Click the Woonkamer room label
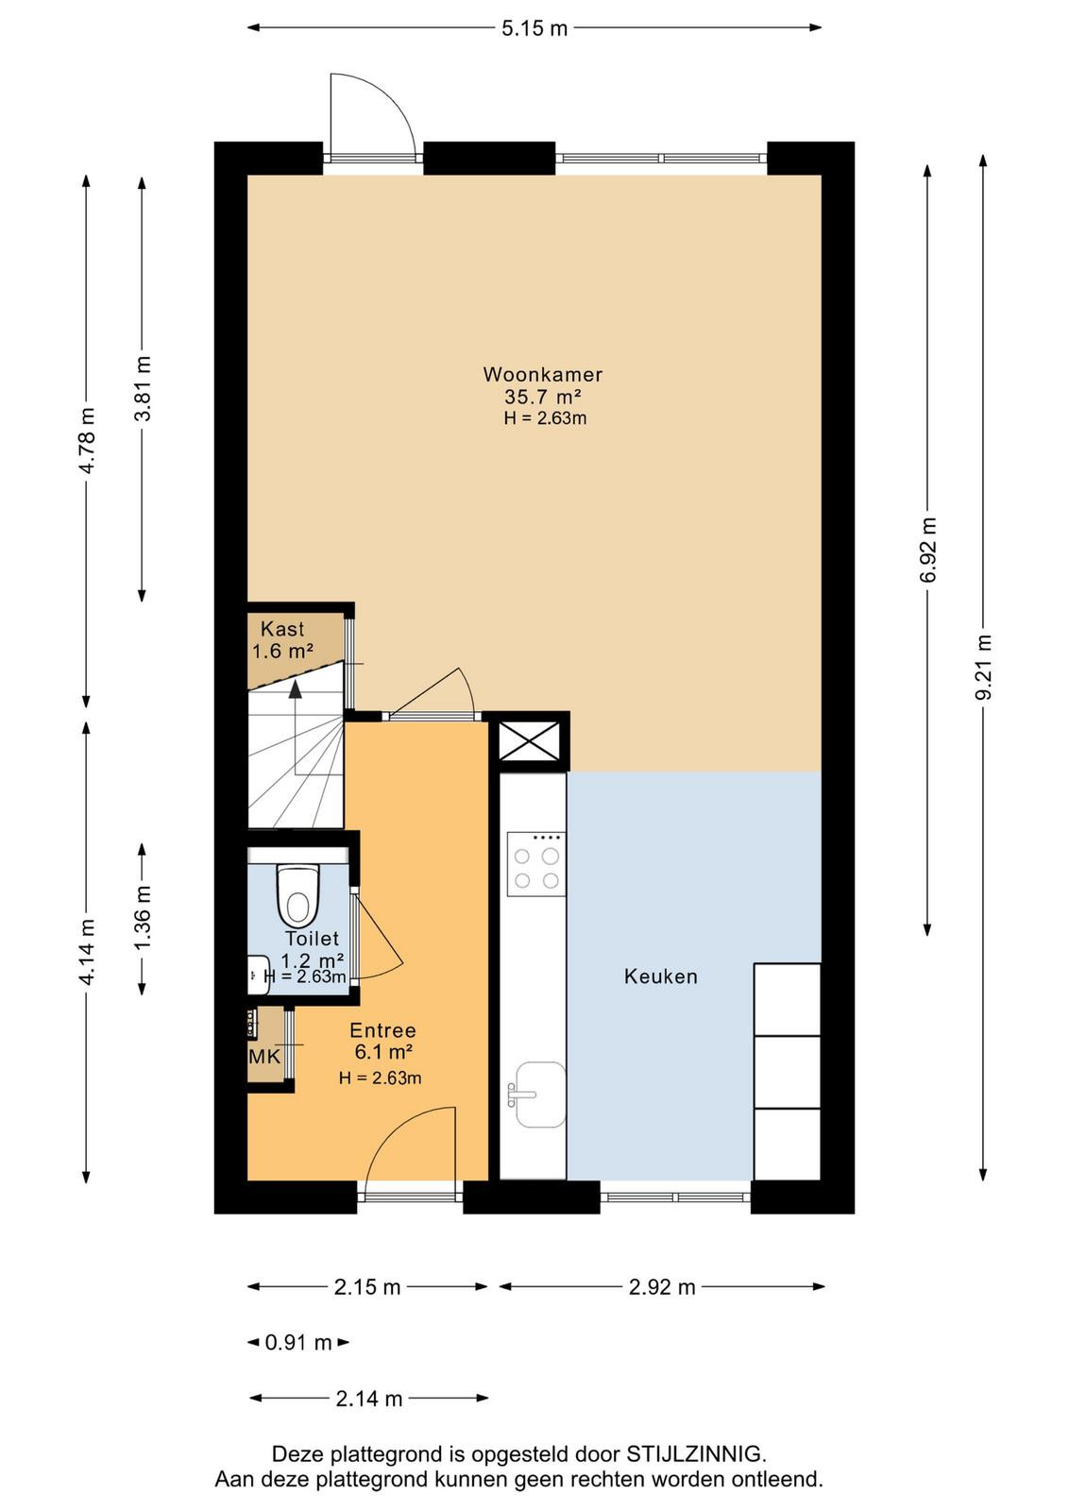[542, 374]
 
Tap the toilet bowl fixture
[297, 896]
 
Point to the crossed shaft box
[529, 740]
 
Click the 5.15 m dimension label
[534, 28]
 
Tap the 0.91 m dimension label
[298, 1342]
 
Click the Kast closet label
[282, 629]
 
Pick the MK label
[264, 1057]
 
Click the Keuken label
[660, 976]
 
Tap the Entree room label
[382, 1030]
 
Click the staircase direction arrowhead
[295, 688]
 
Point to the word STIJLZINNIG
[696, 1452]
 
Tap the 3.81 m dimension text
[143, 388]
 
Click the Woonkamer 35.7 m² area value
[543, 396]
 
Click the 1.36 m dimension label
[143, 917]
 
